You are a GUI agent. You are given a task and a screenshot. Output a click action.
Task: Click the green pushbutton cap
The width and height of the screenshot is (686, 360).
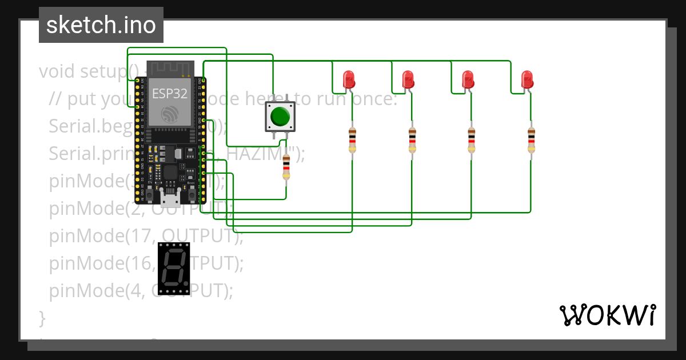click(280, 116)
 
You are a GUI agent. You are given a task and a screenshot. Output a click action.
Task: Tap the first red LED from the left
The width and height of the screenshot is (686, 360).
click(348, 79)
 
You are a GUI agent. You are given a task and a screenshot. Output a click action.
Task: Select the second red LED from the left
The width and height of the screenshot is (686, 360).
click(408, 79)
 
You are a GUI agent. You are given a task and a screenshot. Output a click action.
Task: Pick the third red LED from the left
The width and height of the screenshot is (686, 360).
click(468, 79)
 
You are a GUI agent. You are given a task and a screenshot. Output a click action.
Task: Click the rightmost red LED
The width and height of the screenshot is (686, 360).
click(527, 79)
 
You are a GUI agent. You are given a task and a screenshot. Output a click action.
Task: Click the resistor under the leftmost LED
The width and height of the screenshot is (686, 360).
click(352, 140)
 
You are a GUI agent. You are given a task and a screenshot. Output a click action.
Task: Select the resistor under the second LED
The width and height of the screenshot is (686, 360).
click(412, 140)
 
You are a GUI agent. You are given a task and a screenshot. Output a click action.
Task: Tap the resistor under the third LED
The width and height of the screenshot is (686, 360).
click(472, 140)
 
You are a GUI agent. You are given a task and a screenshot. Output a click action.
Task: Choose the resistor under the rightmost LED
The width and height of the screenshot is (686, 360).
click(531, 140)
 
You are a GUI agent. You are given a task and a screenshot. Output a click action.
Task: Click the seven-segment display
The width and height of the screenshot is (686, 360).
click(173, 268)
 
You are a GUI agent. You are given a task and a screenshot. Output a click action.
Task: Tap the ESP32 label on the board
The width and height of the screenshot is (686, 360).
click(169, 94)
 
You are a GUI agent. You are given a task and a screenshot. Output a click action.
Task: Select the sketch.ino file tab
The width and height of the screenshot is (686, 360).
click(101, 25)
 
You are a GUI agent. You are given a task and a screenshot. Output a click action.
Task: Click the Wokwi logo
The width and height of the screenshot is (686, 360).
click(607, 315)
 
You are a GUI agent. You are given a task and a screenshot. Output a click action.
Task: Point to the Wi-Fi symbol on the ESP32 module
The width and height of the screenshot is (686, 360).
click(170, 113)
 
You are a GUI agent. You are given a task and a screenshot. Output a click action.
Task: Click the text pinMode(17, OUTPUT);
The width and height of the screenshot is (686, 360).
click(146, 235)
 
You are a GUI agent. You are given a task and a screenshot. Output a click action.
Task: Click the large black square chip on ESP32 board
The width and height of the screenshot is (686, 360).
click(170, 172)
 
